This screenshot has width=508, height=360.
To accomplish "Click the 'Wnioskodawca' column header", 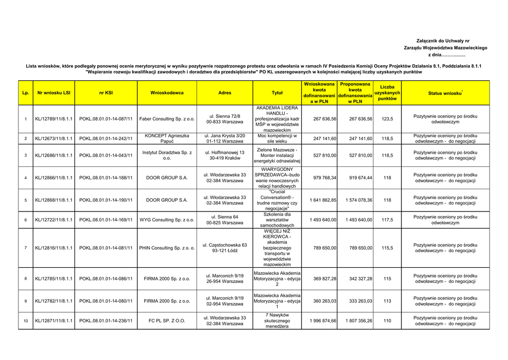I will pyautogui.click(x=167, y=93).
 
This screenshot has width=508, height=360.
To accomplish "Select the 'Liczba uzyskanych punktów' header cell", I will pyautogui.click(x=387, y=93).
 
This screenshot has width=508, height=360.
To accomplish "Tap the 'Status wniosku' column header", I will pyautogui.click(x=445, y=93).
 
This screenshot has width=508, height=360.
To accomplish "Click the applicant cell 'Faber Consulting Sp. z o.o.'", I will pyautogui.click(x=167, y=119).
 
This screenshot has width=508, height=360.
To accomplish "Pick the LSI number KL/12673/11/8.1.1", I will pyautogui.click(x=54, y=139).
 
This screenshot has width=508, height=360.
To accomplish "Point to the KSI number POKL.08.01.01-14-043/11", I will pyautogui.click(x=106, y=155).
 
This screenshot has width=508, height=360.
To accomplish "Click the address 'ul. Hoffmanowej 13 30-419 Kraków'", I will pyautogui.click(x=225, y=155).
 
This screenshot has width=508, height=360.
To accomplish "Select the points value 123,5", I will pyautogui.click(x=387, y=119).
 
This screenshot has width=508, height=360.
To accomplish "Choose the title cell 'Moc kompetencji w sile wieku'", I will pyautogui.click(x=277, y=139).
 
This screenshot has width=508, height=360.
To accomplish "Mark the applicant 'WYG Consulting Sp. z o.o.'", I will pyautogui.click(x=167, y=220).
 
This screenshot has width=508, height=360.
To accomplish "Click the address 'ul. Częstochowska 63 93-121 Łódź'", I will pyautogui.click(x=225, y=248).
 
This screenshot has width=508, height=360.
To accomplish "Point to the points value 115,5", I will pyautogui.click(x=387, y=248).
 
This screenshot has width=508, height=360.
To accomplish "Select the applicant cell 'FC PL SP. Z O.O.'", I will pyautogui.click(x=167, y=321).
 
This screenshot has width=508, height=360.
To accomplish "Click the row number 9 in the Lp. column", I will pyautogui.click(x=25, y=301).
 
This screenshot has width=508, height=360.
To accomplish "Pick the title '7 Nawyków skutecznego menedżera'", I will pyautogui.click(x=277, y=321).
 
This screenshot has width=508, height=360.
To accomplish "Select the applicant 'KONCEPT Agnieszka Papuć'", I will pyautogui.click(x=167, y=139).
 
